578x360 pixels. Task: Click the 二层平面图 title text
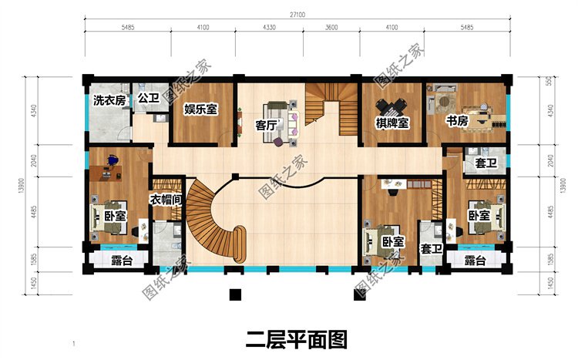[296, 338]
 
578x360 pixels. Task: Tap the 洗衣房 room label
[109, 100]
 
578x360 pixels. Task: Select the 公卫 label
[148, 98]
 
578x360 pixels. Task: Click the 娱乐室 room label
[200, 109]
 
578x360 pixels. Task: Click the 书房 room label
[457, 121]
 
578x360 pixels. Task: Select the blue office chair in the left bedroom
[113, 160]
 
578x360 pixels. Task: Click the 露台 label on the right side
[476, 262]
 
